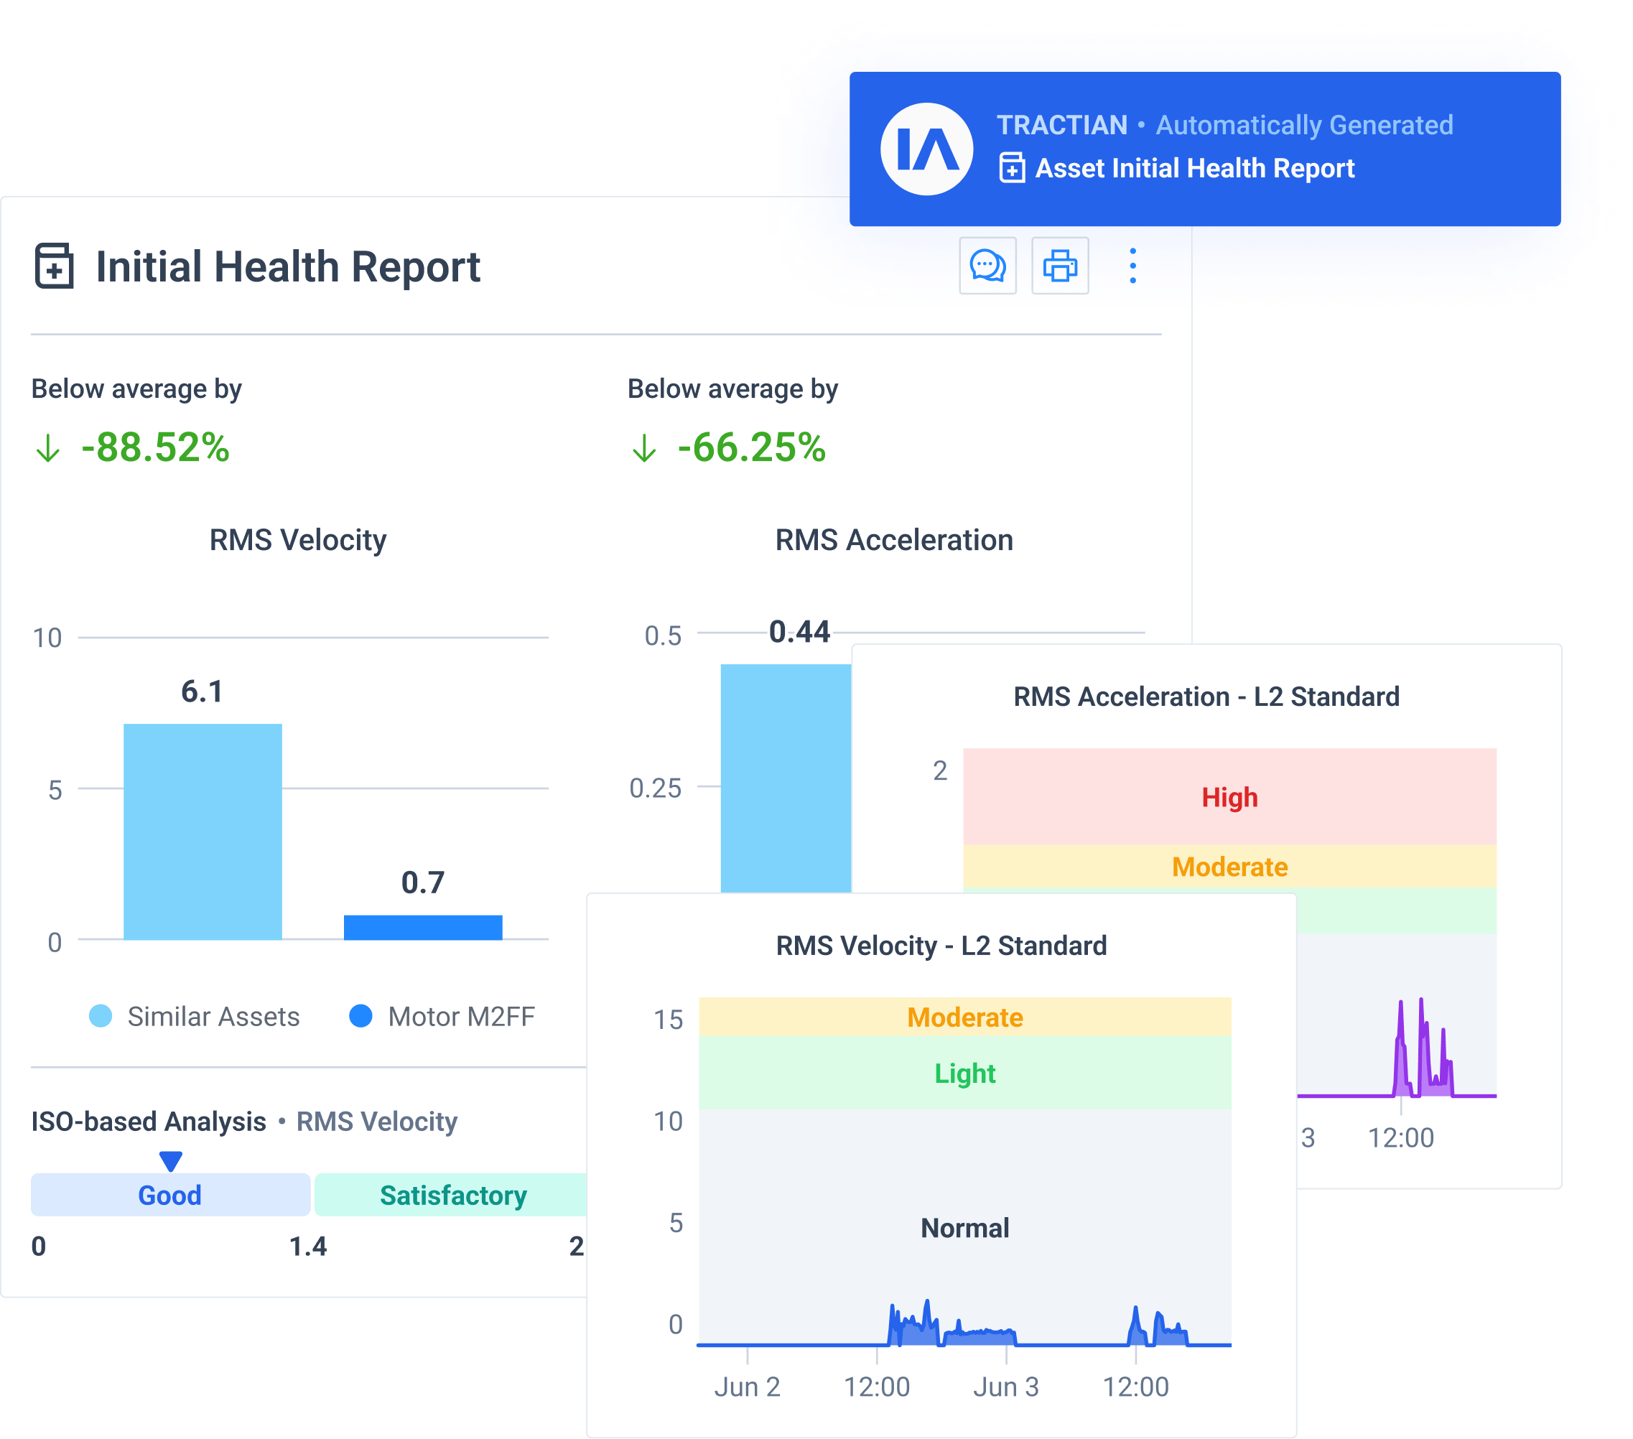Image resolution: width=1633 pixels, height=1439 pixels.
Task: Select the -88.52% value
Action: click(x=155, y=447)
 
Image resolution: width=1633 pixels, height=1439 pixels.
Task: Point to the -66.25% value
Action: click(x=751, y=447)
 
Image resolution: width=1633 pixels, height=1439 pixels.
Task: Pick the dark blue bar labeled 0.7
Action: click(x=423, y=927)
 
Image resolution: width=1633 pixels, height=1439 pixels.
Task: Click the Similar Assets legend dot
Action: click(x=101, y=1015)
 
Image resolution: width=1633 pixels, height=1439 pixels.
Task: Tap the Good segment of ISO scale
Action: click(x=170, y=1195)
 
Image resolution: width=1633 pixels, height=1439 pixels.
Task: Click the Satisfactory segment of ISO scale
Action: click(x=452, y=1195)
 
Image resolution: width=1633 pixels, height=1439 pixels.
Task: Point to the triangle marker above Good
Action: click(x=170, y=1160)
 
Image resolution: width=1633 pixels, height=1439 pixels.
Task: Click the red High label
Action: click(x=1229, y=797)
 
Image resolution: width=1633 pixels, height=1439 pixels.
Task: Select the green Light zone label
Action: click(x=964, y=1073)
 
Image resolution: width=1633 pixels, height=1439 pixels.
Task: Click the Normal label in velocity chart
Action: click(x=964, y=1227)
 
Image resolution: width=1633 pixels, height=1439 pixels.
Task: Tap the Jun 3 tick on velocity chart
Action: click(x=1006, y=1387)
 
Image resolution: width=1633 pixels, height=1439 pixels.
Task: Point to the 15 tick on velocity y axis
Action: click(x=668, y=1020)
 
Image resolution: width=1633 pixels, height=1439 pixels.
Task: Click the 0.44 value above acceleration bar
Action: click(x=799, y=632)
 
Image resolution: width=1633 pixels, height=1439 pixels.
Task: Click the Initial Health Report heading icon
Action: click(x=55, y=266)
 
